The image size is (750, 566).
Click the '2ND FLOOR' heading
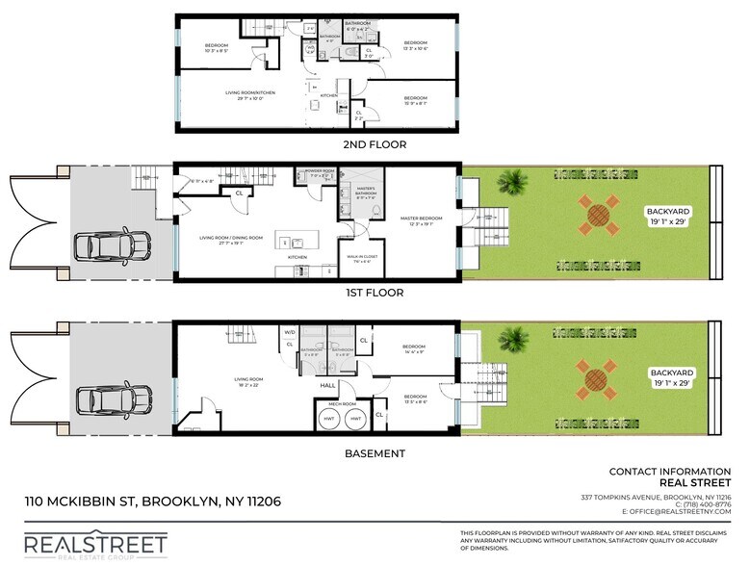click(x=375, y=144)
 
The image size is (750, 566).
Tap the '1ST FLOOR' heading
click(x=375, y=293)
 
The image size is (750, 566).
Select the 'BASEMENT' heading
click(x=375, y=453)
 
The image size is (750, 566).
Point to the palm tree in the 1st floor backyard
click(x=514, y=180)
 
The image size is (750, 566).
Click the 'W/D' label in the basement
click(x=289, y=332)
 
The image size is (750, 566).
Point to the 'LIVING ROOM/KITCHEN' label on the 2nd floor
click(x=250, y=93)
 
